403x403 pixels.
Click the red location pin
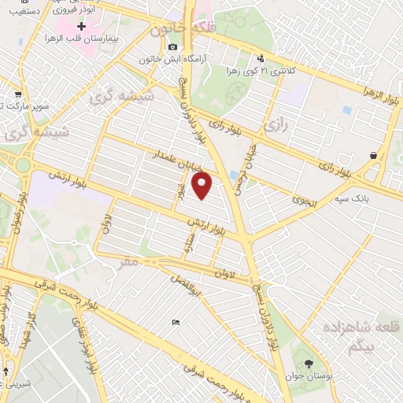tap(203, 185)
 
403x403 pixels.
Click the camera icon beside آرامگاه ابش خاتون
tap(173, 47)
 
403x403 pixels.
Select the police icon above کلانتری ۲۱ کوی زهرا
tap(261, 57)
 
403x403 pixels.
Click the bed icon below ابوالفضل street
tap(176, 321)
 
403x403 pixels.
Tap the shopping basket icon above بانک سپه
tap(372, 156)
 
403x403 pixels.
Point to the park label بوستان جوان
tap(320, 378)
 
